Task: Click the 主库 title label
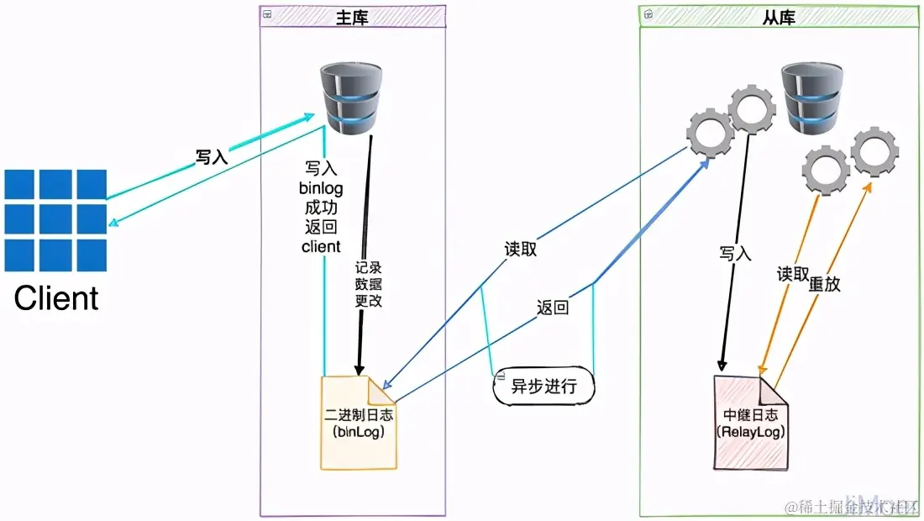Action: click(352, 16)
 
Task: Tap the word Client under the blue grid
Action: click(56, 298)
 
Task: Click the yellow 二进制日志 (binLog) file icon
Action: click(359, 423)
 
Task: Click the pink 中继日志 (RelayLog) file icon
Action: click(751, 424)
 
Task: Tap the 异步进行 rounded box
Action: click(543, 387)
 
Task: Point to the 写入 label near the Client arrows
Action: click(212, 156)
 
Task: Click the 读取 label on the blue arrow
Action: click(520, 250)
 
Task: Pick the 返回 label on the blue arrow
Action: click(552, 308)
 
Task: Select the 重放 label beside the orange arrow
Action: click(824, 284)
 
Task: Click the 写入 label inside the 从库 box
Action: click(735, 252)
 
